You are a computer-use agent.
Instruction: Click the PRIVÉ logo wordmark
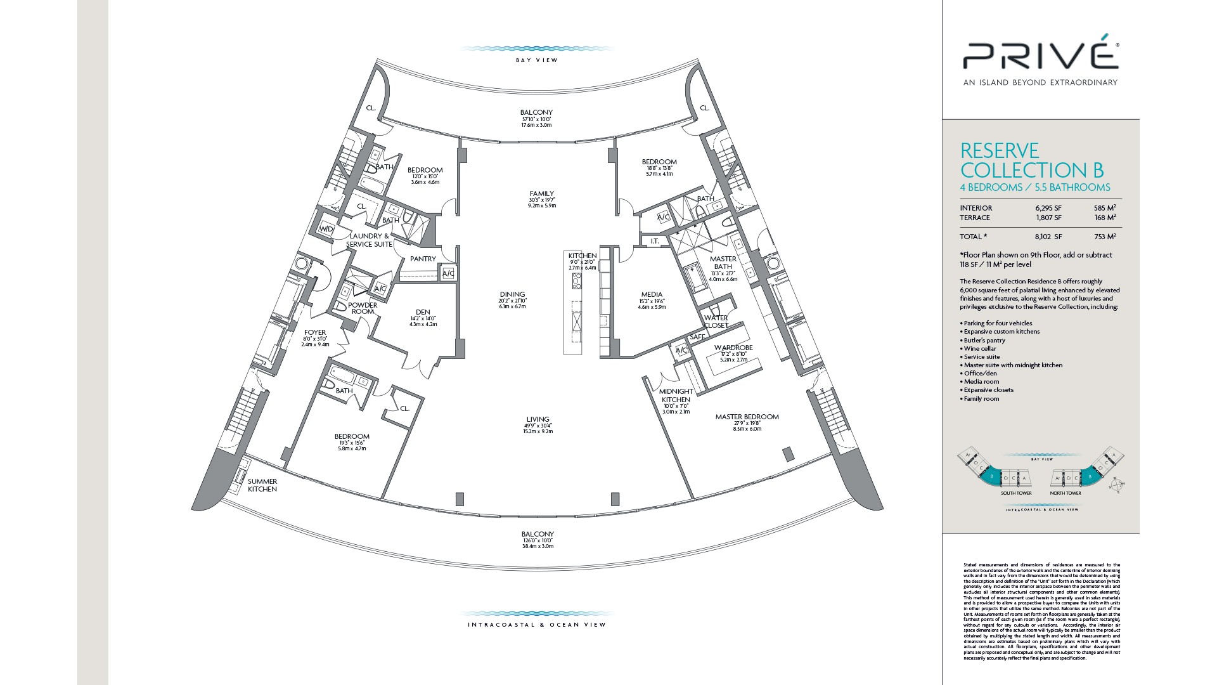pyautogui.click(x=1040, y=56)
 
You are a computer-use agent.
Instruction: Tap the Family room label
pyautogui.click(x=542, y=194)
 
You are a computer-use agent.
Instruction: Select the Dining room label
pyautogui.click(x=512, y=294)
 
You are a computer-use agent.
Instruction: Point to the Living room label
pyautogui.click(x=538, y=419)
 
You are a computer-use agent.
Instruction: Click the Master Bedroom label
pyautogui.click(x=747, y=417)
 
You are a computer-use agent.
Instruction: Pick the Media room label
pyautogui.click(x=652, y=294)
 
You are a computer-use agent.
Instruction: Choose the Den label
pyautogui.click(x=423, y=311)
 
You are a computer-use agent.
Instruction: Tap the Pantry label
pyautogui.click(x=423, y=259)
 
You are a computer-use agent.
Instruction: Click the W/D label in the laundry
pyautogui.click(x=326, y=229)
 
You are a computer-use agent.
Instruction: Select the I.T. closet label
pyautogui.click(x=655, y=241)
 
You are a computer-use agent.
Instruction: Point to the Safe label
pyautogui.click(x=697, y=337)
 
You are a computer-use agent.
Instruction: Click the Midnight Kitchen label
pyautogui.click(x=676, y=396)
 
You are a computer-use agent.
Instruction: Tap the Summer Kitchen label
pyautogui.click(x=262, y=485)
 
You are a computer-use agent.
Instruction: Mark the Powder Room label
pyautogui.click(x=363, y=308)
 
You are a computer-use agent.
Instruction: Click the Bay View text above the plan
pyautogui.click(x=537, y=60)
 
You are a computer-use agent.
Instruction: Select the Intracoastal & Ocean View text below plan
pyautogui.click(x=537, y=625)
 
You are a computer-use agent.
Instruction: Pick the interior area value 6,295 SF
pyautogui.click(x=1048, y=208)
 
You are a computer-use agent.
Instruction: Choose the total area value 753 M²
pyautogui.click(x=1105, y=237)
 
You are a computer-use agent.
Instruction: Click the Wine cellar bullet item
pyautogui.click(x=981, y=348)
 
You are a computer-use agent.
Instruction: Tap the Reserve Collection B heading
pyautogui.click(x=1032, y=160)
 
